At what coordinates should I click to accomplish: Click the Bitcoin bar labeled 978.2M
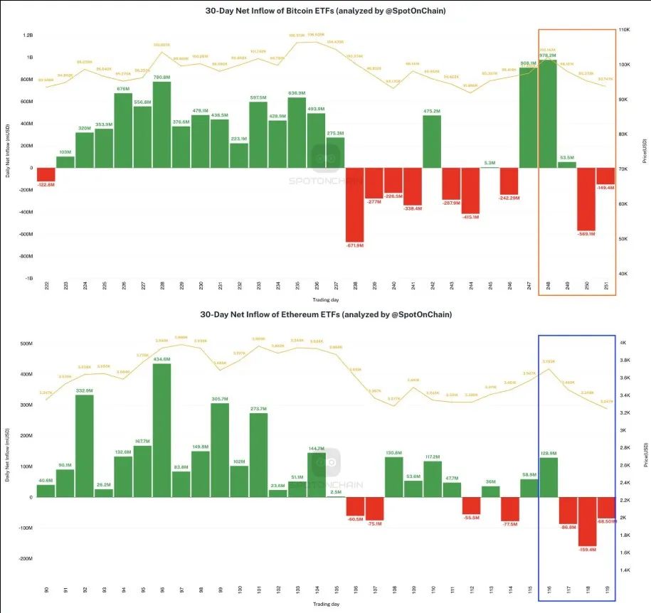click(547, 114)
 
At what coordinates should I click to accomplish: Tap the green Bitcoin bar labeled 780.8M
click(162, 125)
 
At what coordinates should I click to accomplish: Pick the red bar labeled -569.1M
click(586, 199)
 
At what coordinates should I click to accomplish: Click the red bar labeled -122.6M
click(46, 174)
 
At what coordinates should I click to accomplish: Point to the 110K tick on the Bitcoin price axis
click(624, 30)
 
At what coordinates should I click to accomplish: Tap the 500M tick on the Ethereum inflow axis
click(24, 343)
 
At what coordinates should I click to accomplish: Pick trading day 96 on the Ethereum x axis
click(162, 590)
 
